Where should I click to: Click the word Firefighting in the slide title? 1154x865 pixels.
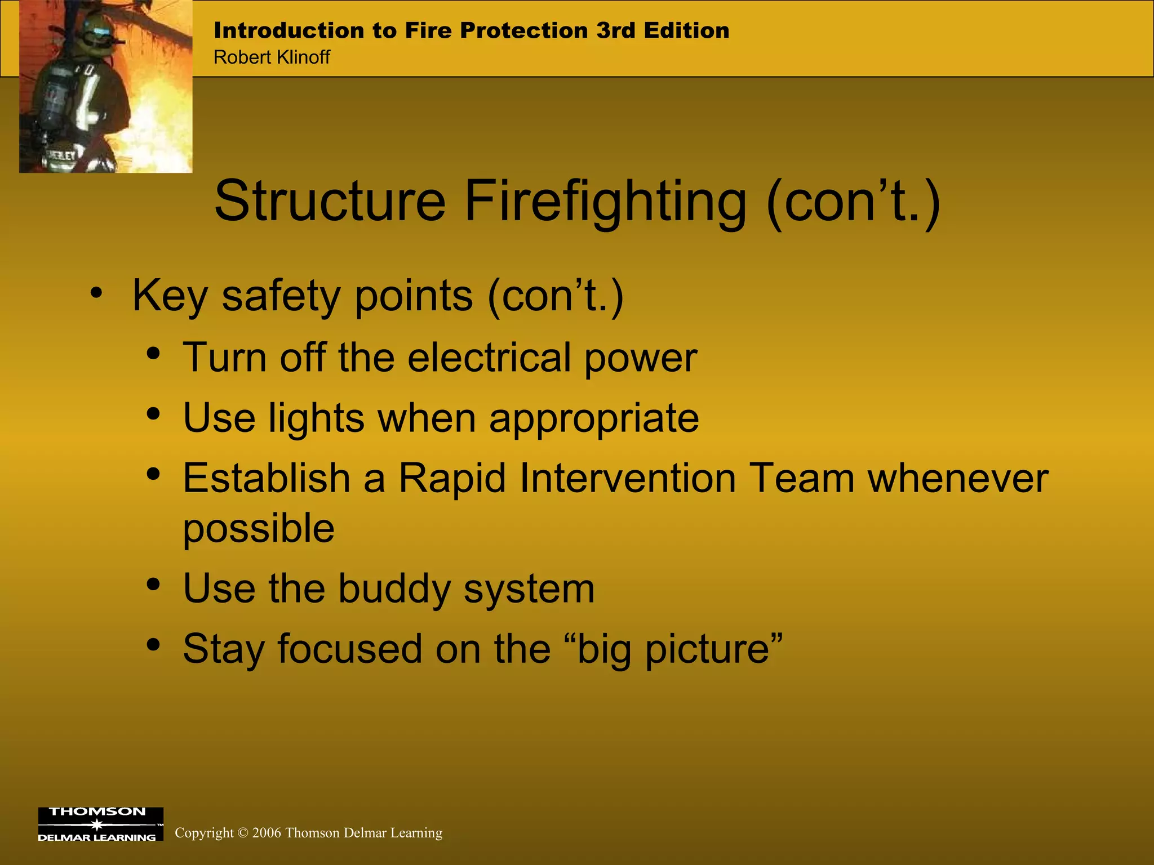click(x=605, y=202)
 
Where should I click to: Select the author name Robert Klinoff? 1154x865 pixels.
click(x=272, y=57)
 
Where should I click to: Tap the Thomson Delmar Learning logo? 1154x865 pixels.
click(x=100, y=824)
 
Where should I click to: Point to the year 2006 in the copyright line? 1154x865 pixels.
click(x=267, y=833)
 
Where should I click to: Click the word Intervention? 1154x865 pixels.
click(x=628, y=478)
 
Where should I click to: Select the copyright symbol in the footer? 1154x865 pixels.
click(x=243, y=833)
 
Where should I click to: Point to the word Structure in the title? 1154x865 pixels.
click(x=330, y=202)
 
